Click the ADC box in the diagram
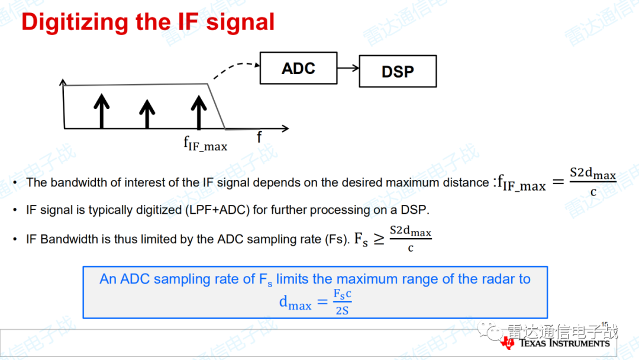click(x=298, y=68)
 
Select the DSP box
click(x=398, y=71)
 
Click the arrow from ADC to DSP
click(x=348, y=68)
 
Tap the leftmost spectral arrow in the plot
click(x=102, y=111)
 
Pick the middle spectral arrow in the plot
click(x=147, y=114)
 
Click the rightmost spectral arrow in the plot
click(x=199, y=112)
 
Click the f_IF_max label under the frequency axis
click(x=205, y=143)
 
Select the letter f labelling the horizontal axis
click(x=259, y=137)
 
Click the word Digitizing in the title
click(x=75, y=21)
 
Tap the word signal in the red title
click(x=240, y=21)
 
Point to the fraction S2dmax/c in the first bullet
click(x=593, y=181)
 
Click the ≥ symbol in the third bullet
click(x=379, y=239)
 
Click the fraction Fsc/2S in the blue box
click(x=343, y=302)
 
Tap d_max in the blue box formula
click(x=295, y=303)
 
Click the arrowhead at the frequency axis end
click(x=286, y=128)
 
